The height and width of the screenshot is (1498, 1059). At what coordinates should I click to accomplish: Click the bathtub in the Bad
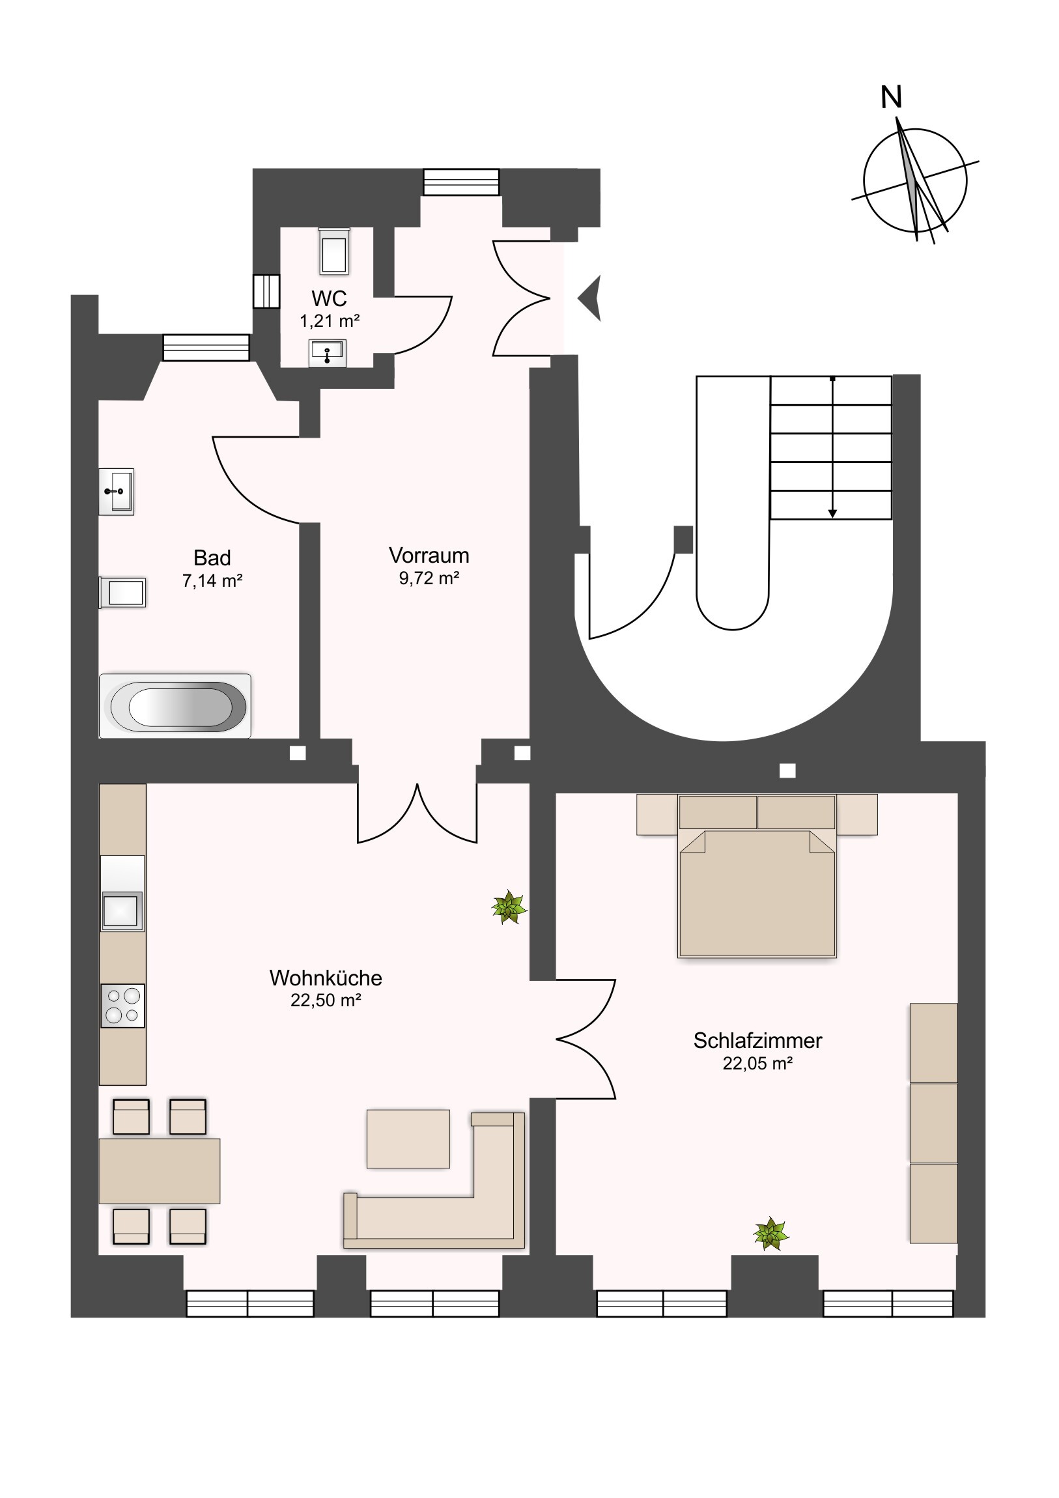coord(175,706)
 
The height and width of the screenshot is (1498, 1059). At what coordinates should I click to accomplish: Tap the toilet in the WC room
coord(333,251)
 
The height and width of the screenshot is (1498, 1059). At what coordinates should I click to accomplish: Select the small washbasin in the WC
coord(327,354)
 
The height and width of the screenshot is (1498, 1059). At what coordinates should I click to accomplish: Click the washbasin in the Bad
coord(116,492)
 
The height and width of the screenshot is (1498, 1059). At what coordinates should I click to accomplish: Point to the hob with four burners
coord(122,1006)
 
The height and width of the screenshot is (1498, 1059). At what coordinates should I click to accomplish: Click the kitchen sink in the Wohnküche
coord(122,910)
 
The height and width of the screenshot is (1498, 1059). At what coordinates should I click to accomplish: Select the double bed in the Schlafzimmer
coord(757,875)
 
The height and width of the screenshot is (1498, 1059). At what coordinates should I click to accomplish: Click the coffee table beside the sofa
coord(408,1138)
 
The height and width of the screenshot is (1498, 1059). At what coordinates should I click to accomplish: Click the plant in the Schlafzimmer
coord(770,1234)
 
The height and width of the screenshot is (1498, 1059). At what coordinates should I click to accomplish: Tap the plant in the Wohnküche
coord(509,907)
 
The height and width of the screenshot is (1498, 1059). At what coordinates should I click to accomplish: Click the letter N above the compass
coord(892,97)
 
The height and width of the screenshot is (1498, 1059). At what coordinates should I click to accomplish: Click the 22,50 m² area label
coord(326,1000)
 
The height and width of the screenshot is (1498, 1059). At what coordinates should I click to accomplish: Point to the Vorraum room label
coord(429,555)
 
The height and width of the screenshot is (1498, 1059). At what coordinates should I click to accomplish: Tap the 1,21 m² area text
coord(330,321)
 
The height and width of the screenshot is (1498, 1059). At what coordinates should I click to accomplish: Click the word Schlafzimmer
coord(757,1041)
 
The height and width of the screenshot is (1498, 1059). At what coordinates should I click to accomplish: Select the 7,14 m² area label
coord(212,581)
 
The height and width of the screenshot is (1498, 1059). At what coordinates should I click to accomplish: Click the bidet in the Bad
coord(122,593)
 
